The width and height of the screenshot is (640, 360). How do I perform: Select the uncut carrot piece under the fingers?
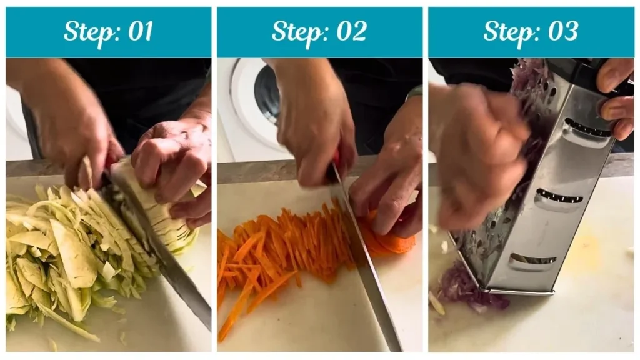tap(391, 241)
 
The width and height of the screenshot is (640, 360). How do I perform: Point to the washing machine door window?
tap(267, 94)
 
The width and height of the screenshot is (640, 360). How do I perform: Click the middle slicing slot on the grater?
tap(559, 197)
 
